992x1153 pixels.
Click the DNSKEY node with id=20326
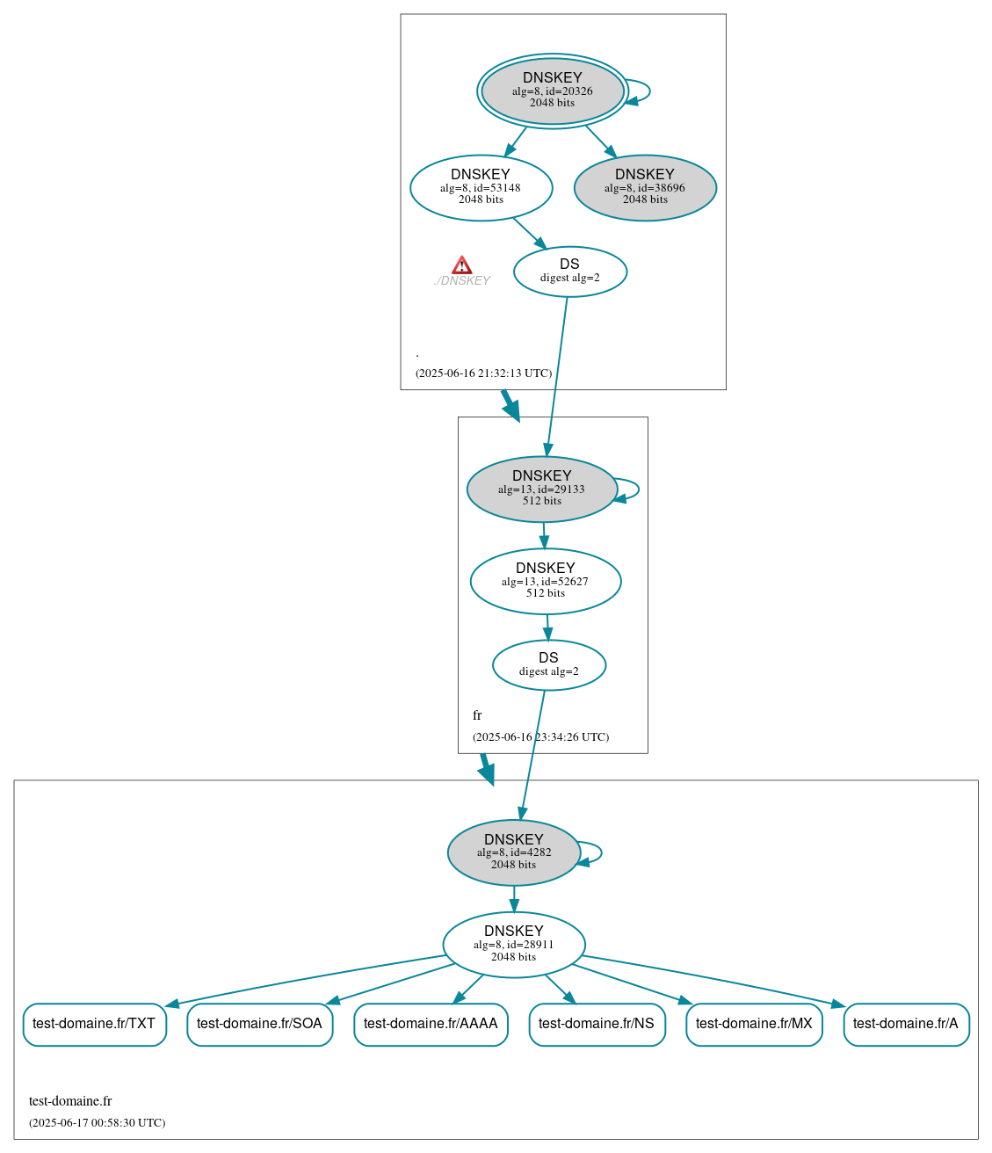[553, 91]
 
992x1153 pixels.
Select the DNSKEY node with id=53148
[481, 187]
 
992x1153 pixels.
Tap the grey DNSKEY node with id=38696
[645, 187]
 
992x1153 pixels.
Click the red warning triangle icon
[462, 265]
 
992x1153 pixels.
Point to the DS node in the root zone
[569, 272]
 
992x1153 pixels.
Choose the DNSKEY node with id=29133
[541, 489]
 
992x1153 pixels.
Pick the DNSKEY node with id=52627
[546, 581]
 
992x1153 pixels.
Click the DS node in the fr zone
[548, 664]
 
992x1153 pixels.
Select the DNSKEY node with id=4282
[514, 852]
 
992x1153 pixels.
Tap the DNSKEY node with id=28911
[514, 944]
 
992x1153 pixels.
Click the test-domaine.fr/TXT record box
[94, 1024]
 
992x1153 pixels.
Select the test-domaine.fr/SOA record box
[259, 1024]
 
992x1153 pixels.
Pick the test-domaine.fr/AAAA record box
[431, 1024]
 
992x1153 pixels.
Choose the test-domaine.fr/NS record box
[597, 1024]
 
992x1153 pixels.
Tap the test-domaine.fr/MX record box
[754, 1024]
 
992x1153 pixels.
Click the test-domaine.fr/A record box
[906, 1024]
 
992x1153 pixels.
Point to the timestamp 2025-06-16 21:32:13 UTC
[483, 373]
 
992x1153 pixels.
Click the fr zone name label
[477, 715]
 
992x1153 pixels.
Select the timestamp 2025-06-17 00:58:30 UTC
[97, 1123]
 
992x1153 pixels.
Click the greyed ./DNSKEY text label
[462, 281]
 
